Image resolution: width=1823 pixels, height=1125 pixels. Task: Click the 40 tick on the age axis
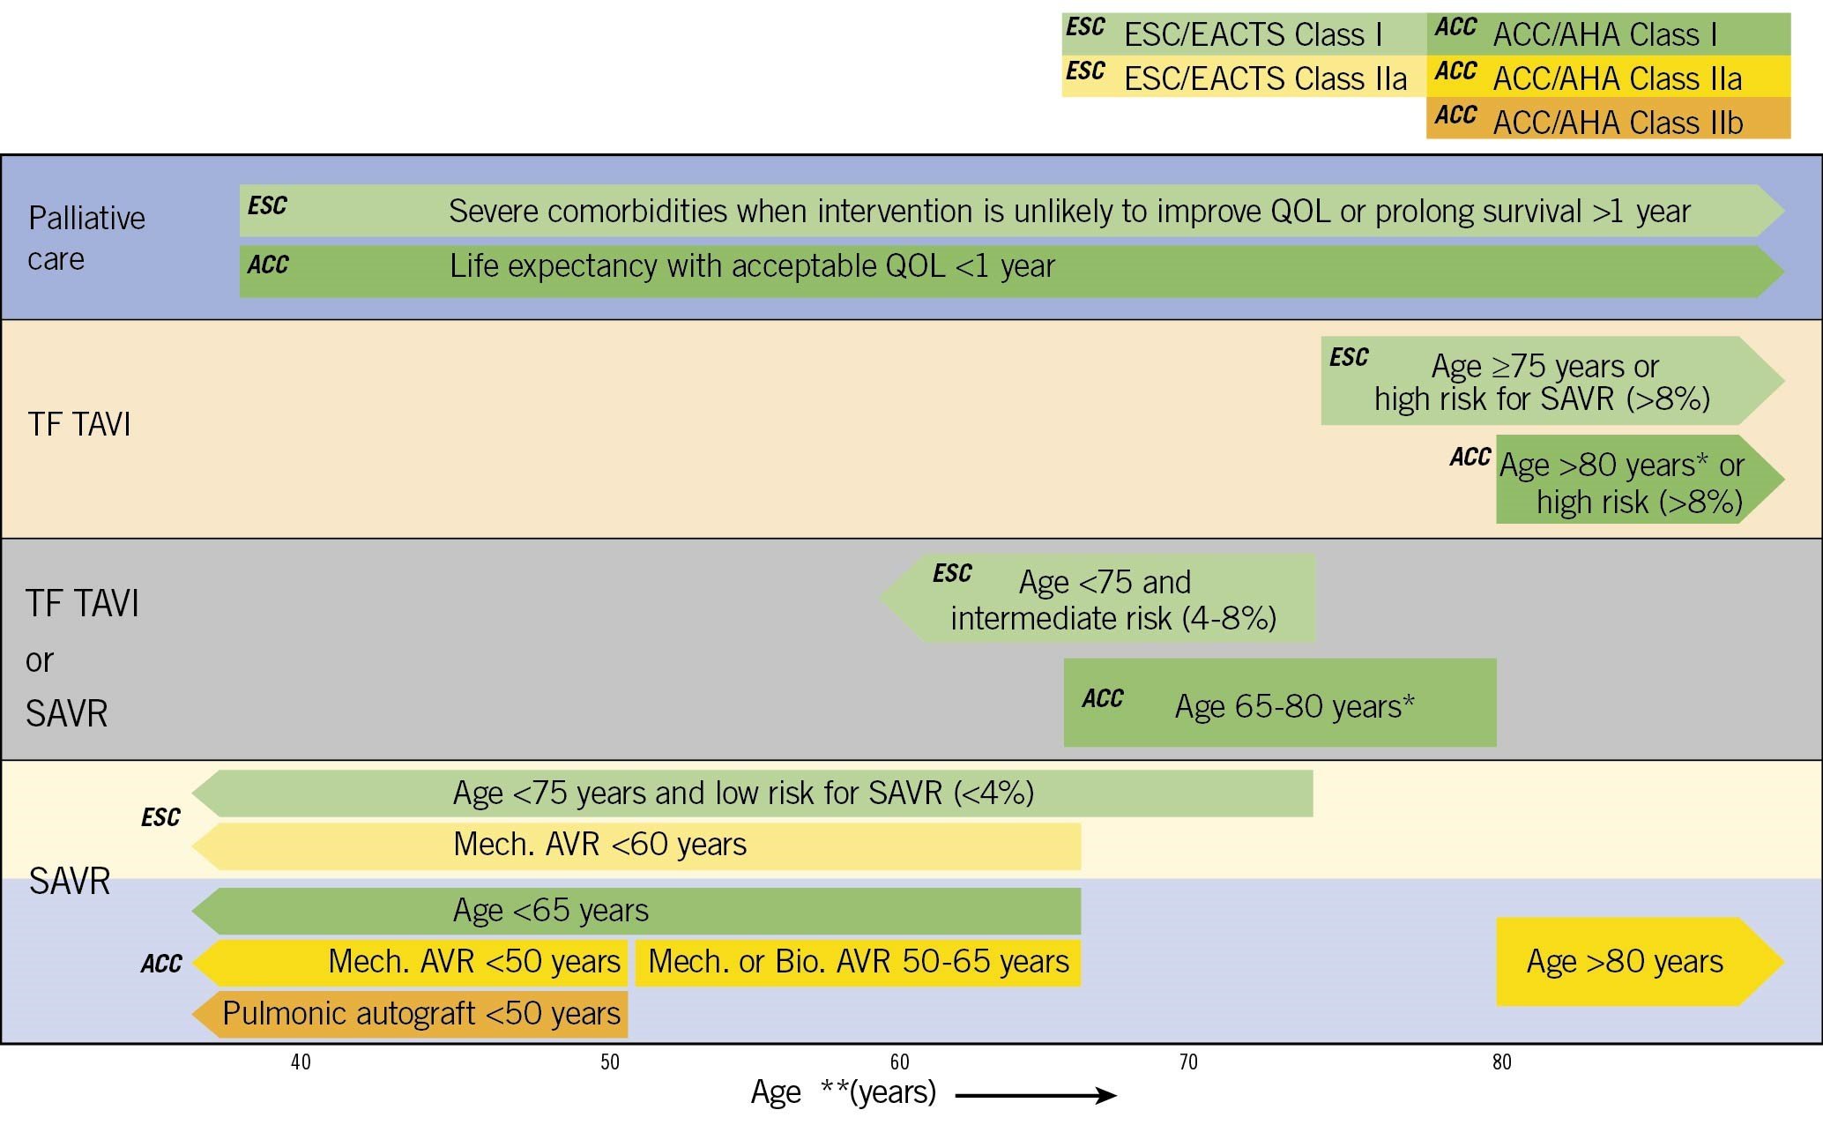click(301, 1062)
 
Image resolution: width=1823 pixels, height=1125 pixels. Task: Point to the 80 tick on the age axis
click(1502, 1062)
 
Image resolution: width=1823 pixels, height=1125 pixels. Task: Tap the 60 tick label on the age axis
click(899, 1062)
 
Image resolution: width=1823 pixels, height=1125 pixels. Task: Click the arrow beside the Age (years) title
click(1036, 1096)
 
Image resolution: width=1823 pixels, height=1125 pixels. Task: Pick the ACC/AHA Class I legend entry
click(1608, 34)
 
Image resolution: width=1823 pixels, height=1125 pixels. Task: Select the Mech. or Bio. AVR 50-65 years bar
click(858, 962)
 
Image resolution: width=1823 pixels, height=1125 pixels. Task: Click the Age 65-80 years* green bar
click(1280, 703)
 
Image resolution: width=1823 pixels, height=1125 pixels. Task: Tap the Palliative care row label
click(86, 238)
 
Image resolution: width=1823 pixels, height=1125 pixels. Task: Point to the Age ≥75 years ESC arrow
click(1543, 381)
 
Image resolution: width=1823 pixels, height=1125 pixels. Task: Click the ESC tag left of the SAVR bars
click(160, 817)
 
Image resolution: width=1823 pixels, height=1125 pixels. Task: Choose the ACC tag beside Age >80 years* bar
click(1470, 457)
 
